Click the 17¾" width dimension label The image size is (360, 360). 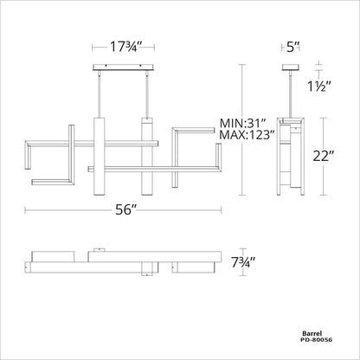tap(122, 47)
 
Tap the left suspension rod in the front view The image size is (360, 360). tap(100, 95)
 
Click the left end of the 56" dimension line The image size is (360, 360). tap(24, 209)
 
